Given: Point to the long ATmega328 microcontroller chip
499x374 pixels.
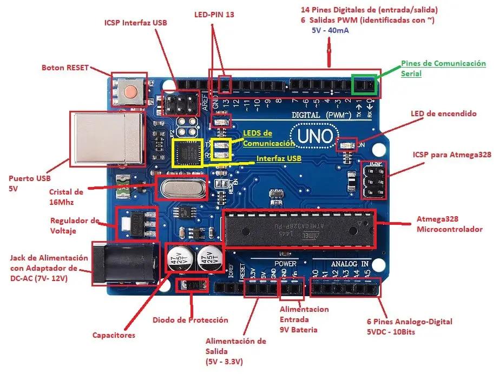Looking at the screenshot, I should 298,228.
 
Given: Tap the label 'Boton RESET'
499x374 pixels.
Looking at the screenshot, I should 65,68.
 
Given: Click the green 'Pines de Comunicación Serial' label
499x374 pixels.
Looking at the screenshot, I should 443,68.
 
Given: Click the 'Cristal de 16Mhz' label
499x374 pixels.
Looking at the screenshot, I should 66,197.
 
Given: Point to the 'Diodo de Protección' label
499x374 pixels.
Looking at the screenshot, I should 190,320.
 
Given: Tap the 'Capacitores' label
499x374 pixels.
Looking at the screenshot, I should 114,335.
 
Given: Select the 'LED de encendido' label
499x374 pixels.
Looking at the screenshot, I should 443,114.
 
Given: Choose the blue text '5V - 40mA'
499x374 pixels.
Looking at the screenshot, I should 330,30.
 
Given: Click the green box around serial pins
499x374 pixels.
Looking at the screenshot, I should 364,84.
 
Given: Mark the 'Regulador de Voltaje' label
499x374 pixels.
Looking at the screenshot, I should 75,225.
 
